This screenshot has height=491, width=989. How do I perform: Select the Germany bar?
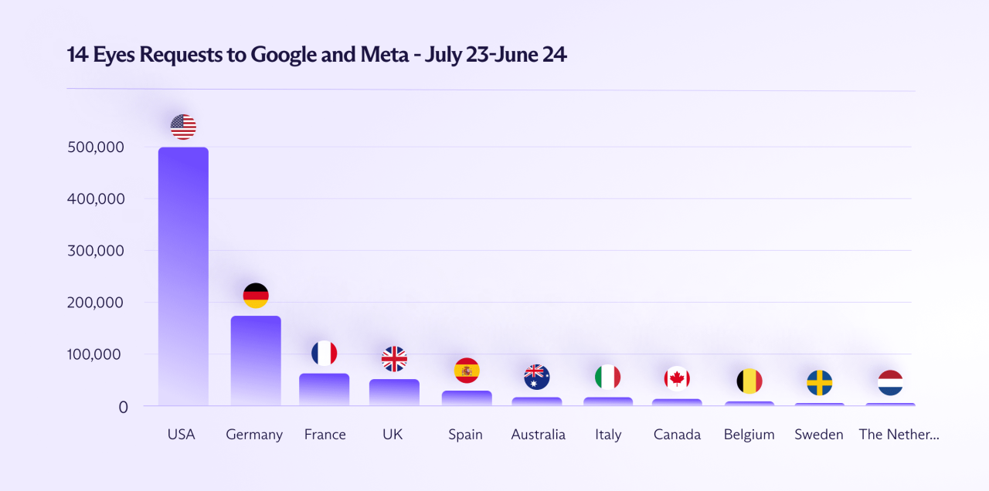[256, 361]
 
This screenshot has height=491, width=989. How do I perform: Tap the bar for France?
[325, 389]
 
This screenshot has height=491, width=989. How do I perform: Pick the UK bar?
[394, 392]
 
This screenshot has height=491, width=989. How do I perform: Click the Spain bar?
[467, 398]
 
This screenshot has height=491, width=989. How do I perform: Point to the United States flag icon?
[183, 127]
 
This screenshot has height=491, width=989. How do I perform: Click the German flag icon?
[256, 295]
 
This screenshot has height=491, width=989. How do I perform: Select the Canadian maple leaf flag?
[677, 378]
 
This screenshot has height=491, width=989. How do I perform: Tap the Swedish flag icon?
[819, 382]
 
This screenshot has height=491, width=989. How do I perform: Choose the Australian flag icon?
[536, 377]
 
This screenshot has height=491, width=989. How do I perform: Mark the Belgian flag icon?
[749, 381]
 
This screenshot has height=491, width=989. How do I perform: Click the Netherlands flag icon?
[890, 382]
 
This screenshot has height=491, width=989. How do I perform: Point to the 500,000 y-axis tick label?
[97, 147]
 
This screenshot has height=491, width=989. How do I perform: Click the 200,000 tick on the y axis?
[97, 303]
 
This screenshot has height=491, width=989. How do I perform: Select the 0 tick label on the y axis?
[123, 407]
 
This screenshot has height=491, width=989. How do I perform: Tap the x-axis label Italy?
[608, 435]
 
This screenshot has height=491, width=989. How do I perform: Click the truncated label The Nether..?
[899, 435]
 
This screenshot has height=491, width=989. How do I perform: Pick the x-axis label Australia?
[538, 435]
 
